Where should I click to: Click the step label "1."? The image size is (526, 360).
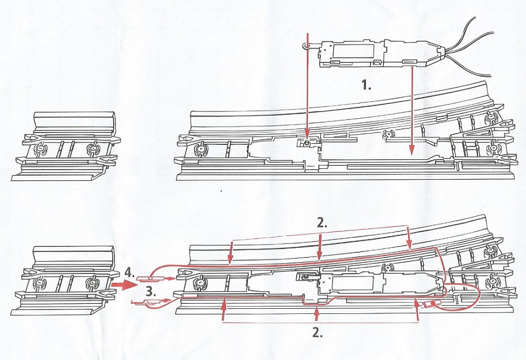(x=367, y=85)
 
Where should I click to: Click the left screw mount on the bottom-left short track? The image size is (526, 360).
(x=40, y=283)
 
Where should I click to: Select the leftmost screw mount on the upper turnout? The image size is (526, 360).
(x=200, y=150)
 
